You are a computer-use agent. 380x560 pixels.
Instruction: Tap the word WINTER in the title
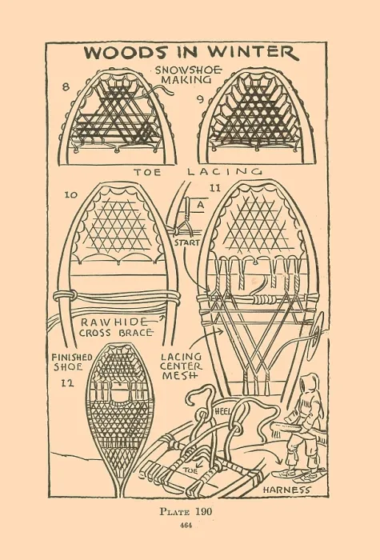click(253, 52)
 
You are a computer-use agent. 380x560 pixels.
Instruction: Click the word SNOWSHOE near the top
click(188, 70)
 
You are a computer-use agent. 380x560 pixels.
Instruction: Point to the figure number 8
click(66, 86)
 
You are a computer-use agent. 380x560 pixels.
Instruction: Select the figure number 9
click(201, 99)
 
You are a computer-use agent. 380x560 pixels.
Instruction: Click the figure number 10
click(70, 194)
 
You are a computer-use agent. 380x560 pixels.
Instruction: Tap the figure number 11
click(214, 188)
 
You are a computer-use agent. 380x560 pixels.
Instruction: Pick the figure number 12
click(66, 383)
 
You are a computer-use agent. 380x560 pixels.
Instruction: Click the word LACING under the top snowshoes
click(224, 172)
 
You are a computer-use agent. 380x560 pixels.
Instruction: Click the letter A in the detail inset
click(201, 205)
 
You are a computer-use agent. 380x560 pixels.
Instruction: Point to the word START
click(186, 242)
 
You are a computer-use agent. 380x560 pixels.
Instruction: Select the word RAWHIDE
click(114, 322)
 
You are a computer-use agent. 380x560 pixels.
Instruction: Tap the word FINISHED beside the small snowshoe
click(72, 357)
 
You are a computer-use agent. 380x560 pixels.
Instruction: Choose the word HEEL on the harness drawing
click(223, 411)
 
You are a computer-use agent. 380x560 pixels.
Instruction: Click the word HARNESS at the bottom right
click(286, 490)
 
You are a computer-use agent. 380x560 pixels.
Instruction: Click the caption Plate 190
click(186, 511)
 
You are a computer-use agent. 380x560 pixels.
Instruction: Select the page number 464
click(186, 526)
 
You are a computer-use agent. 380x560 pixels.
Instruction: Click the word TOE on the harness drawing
click(190, 470)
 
